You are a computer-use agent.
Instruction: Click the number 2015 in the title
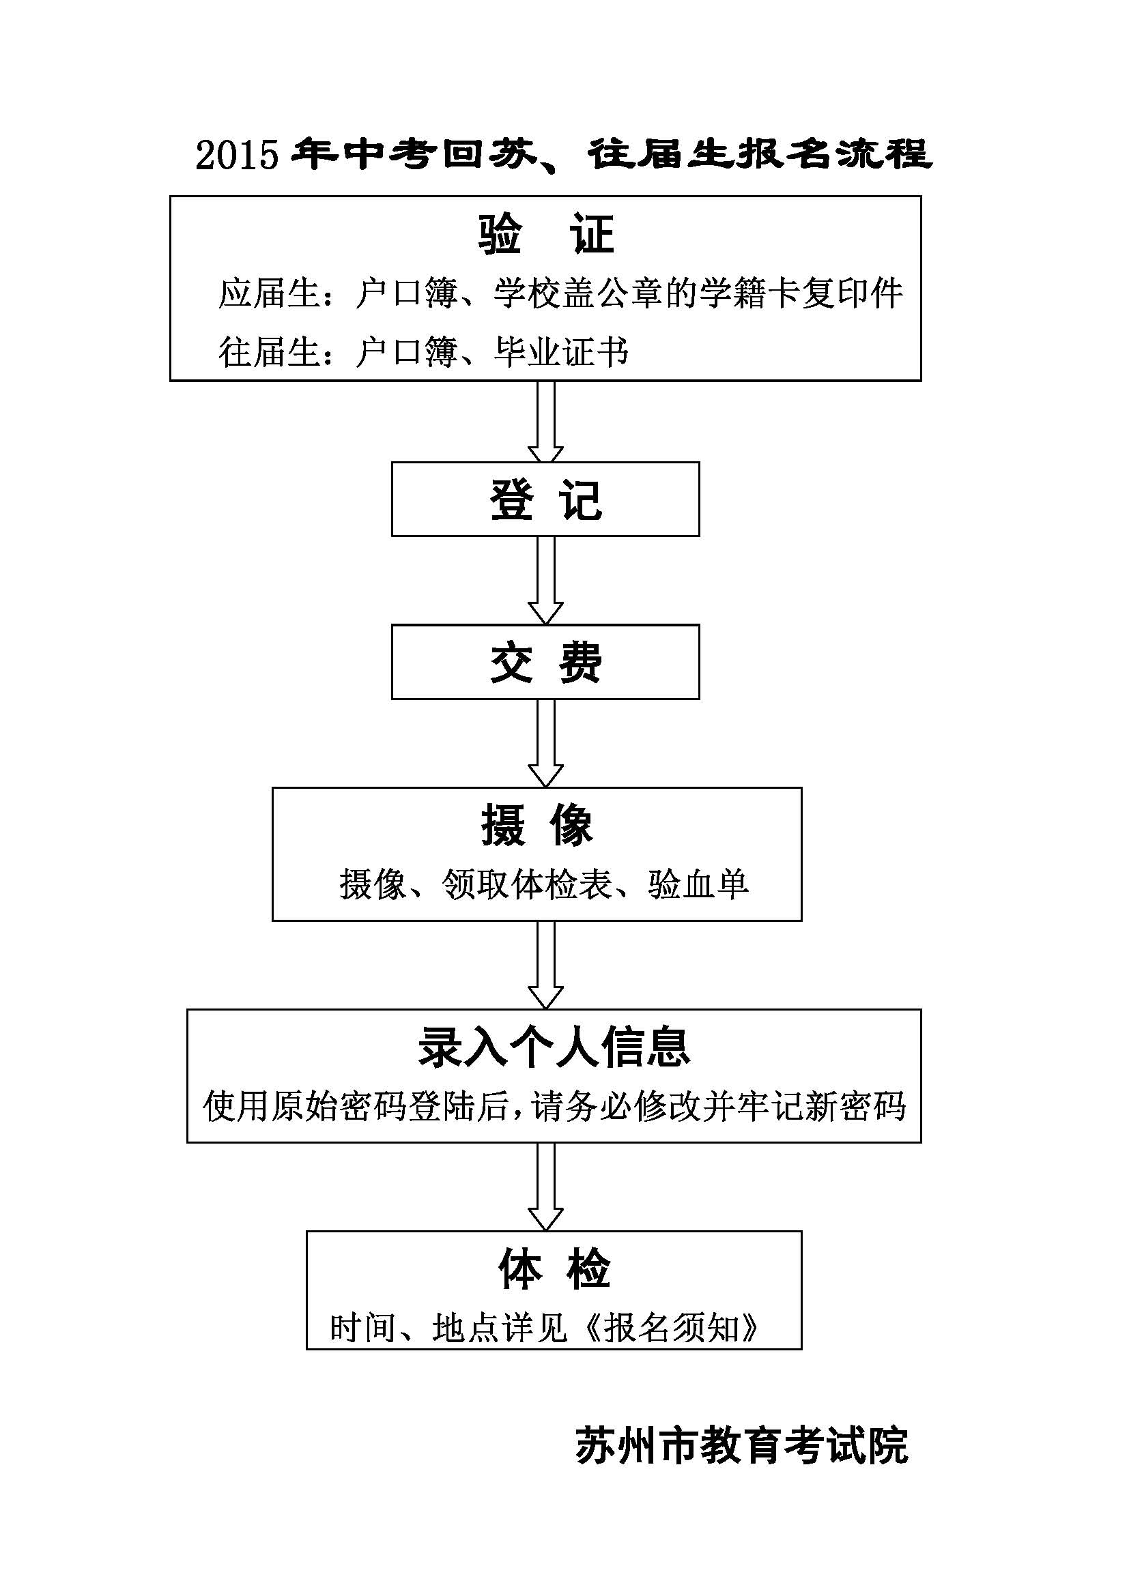click(x=236, y=154)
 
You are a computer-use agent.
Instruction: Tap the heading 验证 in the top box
click(x=547, y=234)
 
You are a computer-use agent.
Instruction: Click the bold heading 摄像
click(x=537, y=826)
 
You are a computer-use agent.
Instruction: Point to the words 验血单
click(x=698, y=885)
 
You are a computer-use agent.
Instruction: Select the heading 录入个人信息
click(x=554, y=1047)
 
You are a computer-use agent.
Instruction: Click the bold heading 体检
click(x=554, y=1269)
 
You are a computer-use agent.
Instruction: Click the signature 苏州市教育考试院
click(x=742, y=1446)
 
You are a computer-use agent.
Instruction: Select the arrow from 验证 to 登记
click(x=546, y=422)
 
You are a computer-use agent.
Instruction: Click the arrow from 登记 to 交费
click(x=546, y=581)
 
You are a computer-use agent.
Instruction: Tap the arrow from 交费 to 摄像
click(x=546, y=743)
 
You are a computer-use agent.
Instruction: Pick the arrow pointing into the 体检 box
click(x=546, y=1187)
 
